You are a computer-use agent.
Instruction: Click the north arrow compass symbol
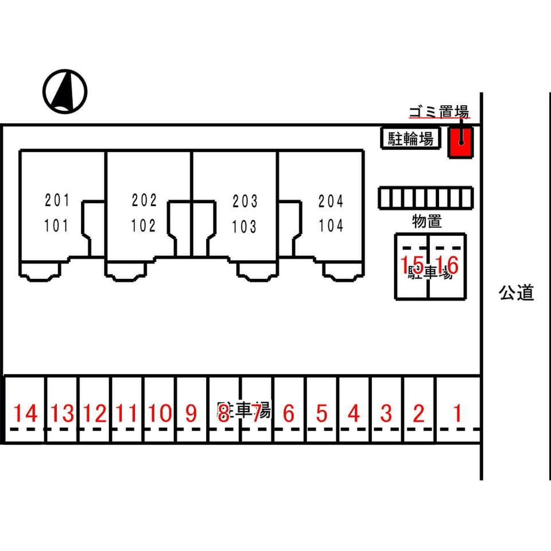[64, 91]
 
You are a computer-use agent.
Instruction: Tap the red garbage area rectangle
[460, 142]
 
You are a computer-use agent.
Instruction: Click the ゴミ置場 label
[439, 111]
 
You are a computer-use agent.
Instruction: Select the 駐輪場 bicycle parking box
[411, 139]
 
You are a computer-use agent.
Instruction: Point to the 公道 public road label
[516, 293]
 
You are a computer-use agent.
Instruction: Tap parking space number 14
[26, 413]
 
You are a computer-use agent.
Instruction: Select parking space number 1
[457, 413]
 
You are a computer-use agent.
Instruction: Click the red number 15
[412, 265]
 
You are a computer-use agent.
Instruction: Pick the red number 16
[447, 265]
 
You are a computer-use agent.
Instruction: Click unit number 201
[57, 201]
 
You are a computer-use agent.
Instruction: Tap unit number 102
[143, 226]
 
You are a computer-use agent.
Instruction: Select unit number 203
[245, 201]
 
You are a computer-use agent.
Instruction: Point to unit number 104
[331, 226]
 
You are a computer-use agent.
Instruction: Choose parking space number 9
[191, 413]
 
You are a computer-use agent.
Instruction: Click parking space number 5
[321, 413]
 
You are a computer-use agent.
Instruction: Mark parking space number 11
[126, 413]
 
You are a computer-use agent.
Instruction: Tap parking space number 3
[386, 413]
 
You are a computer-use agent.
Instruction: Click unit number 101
[57, 226]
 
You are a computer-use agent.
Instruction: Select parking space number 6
[289, 413]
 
